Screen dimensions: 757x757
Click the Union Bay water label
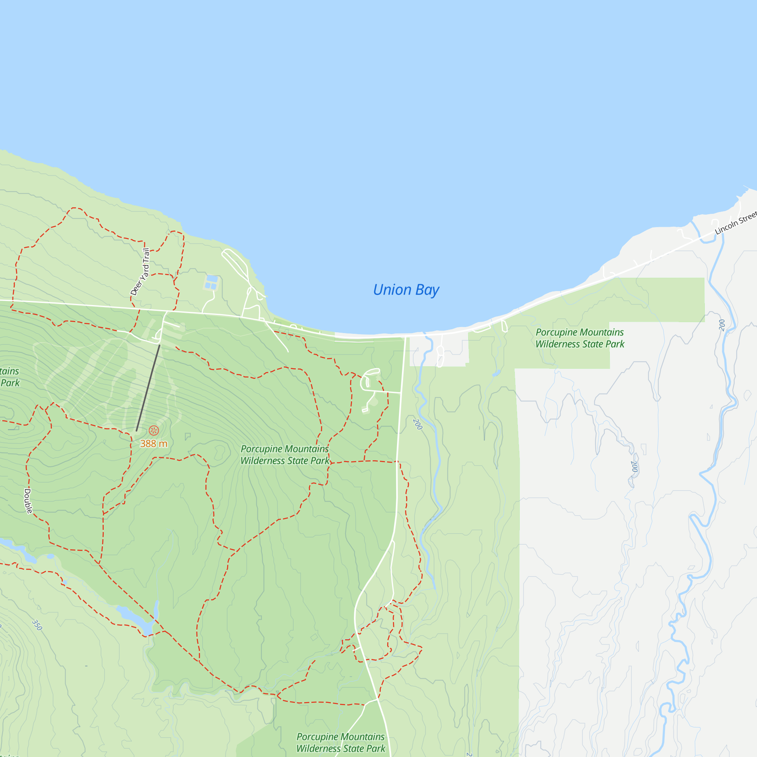[406, 290]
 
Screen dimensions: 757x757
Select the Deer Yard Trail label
[140, 271]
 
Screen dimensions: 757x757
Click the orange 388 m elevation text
[154, 444]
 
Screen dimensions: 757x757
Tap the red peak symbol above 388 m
[154, 431]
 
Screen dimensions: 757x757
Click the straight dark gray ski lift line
[148, 388]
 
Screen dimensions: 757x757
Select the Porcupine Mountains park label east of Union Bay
[579, 338]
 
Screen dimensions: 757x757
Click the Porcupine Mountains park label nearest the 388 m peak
[285, 455]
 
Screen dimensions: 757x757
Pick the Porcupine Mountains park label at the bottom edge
[341, 743]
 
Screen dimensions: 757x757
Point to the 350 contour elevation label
[37, 625]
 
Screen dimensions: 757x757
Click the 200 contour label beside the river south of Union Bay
[417, 424]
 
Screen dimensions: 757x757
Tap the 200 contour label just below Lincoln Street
[722, 325]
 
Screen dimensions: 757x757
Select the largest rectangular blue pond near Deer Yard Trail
[212, 279]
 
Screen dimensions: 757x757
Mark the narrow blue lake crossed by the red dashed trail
[135, 617]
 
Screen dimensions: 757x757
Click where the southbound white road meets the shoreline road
[405, 336]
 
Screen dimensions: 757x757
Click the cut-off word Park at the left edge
[10, 383]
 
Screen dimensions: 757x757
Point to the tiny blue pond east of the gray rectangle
[496, 373]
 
